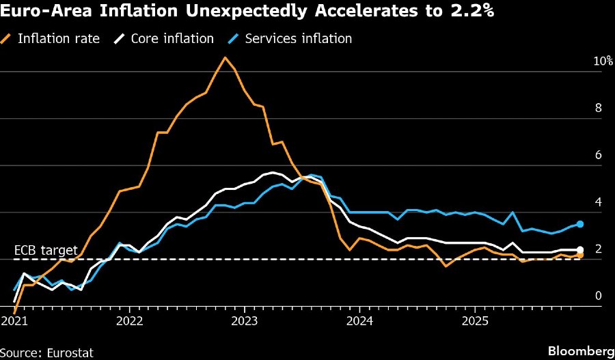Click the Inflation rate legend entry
(x=58, y=38)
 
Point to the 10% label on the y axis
(x=602, y=61)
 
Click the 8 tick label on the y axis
(x=598, y=108)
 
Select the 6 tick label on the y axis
(x=598, y=155)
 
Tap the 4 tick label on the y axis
(x=598, y=202)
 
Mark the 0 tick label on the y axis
(x=598, y=296)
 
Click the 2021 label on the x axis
(x=14, y=320)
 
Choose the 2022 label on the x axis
(x=129, y=320)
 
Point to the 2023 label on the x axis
(x=245, y=320)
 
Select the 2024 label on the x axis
(x=359, y=320)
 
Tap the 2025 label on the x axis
(x=475, y=320)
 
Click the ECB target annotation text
(x=46, y=251)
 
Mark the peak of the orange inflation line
(x=224, y=57)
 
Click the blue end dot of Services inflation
(x=579, y=223)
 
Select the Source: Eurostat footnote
(x=47, y=352)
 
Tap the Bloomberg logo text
(x=581, y=351)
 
